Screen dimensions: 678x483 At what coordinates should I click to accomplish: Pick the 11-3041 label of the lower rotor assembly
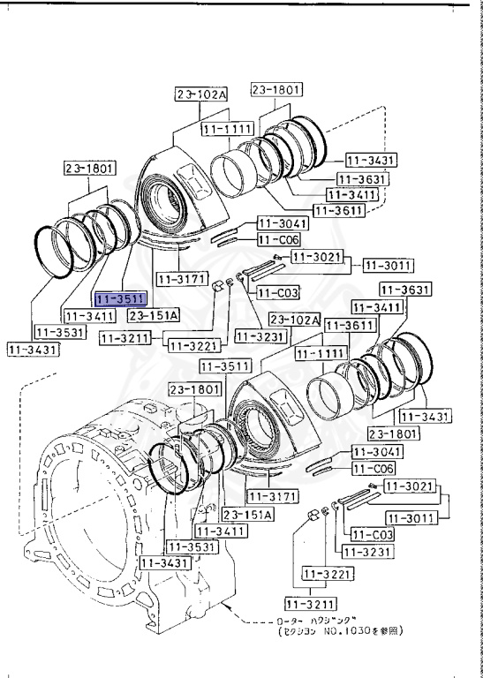click(x=377, y=451)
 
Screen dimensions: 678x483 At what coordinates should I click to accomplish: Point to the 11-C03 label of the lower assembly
click(x=371, y=534)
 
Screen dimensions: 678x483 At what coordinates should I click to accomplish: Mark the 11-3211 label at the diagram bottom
click(x=306, y=605)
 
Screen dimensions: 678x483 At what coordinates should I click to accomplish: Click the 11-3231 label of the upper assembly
click(x=259, y=335)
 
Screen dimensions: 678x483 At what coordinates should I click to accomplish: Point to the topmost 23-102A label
click(x=200, y=94)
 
